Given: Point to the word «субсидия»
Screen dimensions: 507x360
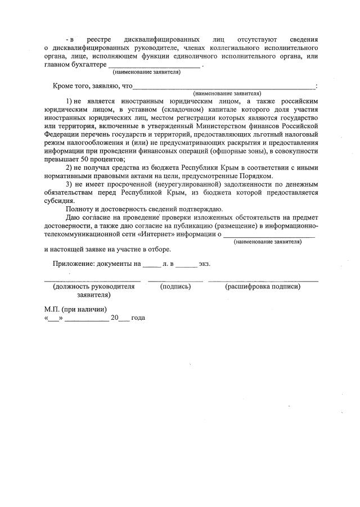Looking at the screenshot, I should (x=58, y=201).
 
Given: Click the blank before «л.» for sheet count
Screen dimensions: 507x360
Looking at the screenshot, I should (x=151, y=264).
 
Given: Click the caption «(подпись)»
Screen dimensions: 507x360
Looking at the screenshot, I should (x=175, y=287).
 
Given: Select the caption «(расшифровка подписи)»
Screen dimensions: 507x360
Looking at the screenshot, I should (x=263, y=287).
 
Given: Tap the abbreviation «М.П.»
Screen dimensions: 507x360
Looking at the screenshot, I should (x=54, y=309).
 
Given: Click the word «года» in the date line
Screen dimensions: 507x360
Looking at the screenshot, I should (x=138, y=318).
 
